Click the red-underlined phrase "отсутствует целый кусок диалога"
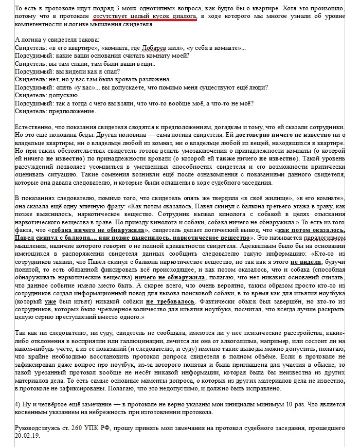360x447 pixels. click(146, 16)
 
